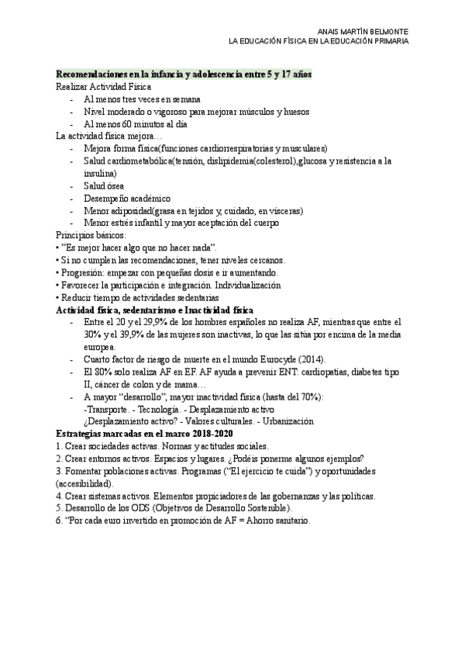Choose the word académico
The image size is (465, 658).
tap(149, 198)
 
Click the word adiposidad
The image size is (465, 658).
tap(129, 210)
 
